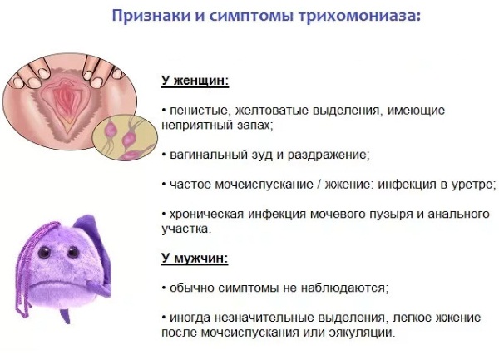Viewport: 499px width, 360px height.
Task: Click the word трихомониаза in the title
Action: [359, 15]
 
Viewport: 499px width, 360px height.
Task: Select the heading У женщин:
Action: [195, 80]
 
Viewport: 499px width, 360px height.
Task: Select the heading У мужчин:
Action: [195, 258]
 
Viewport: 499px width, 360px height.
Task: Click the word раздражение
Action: [329, 155]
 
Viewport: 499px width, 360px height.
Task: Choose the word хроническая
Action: [206, 214]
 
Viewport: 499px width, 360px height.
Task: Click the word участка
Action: [186, 229]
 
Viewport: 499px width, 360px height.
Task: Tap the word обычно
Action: [193, 288]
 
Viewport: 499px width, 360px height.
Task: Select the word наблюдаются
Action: [344, 288]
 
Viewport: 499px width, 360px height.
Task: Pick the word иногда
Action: [190, 318]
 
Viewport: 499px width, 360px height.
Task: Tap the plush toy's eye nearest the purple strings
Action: [44, 253]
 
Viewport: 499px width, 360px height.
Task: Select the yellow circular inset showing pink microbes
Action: [125, 137]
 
